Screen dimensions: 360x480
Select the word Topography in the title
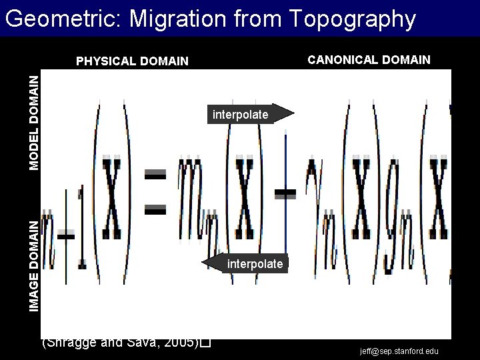tap(353, 19)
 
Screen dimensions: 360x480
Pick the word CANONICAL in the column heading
tap(340, 60)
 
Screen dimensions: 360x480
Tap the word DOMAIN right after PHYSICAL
tap(165, 62)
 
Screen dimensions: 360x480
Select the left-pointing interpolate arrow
tap(246, 264)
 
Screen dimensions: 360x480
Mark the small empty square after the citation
tap(205, 343)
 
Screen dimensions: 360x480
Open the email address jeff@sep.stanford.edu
tap(399, 351)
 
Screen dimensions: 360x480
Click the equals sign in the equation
tap(155, 193)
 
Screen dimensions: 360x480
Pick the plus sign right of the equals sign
tap(285, 193)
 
